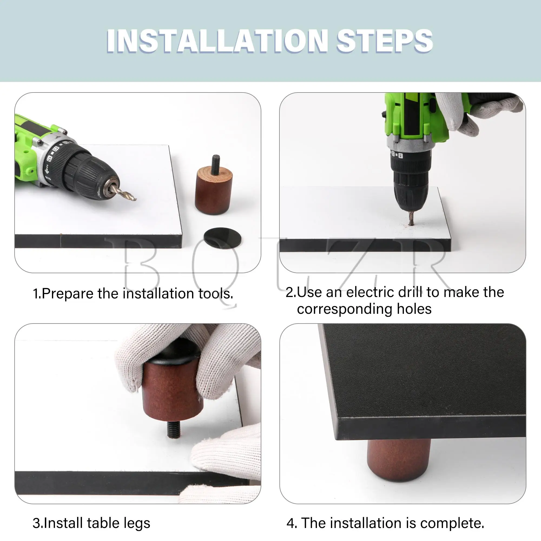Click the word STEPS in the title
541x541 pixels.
click(x=385, y=41)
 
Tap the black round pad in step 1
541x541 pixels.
click(x=222, y=238)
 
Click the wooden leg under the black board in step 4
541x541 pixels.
click(x=399, y=460)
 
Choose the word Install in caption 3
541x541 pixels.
click(x=63, y=523)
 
